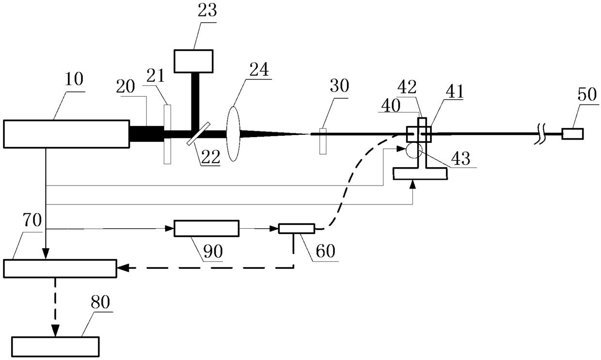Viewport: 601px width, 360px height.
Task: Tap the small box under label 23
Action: point(195,61)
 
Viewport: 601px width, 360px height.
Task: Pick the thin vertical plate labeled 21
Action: point(167,134)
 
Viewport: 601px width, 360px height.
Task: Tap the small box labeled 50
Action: point(572,133)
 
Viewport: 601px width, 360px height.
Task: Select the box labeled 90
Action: point(206,228)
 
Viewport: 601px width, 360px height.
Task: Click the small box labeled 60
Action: point(296,229)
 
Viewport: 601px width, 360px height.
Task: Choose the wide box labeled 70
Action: point(60,268)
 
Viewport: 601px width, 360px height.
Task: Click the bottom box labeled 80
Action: point(55,346)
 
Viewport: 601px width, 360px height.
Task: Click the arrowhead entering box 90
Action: point(170,228)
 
